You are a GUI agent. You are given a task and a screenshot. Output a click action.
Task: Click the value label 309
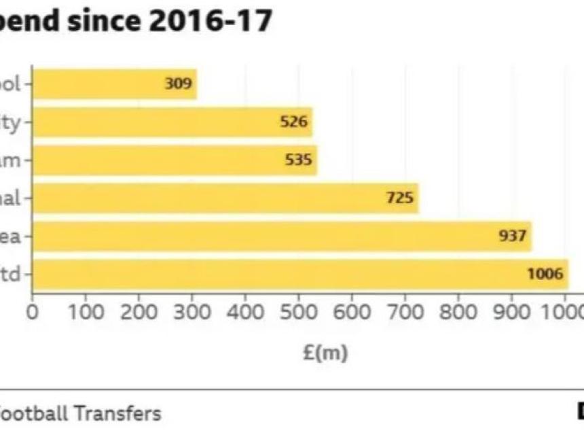point(179,84)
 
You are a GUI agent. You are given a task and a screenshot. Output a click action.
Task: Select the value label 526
point(294,122)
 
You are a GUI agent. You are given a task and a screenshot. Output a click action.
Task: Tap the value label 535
point(299,160)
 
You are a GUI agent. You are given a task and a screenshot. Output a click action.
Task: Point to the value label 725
point(400,198)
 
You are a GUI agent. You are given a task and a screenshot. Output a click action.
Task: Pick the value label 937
point(513,237)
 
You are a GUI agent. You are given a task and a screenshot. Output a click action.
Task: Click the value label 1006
point(545,275)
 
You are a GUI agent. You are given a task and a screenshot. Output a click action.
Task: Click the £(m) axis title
point(325,353)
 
